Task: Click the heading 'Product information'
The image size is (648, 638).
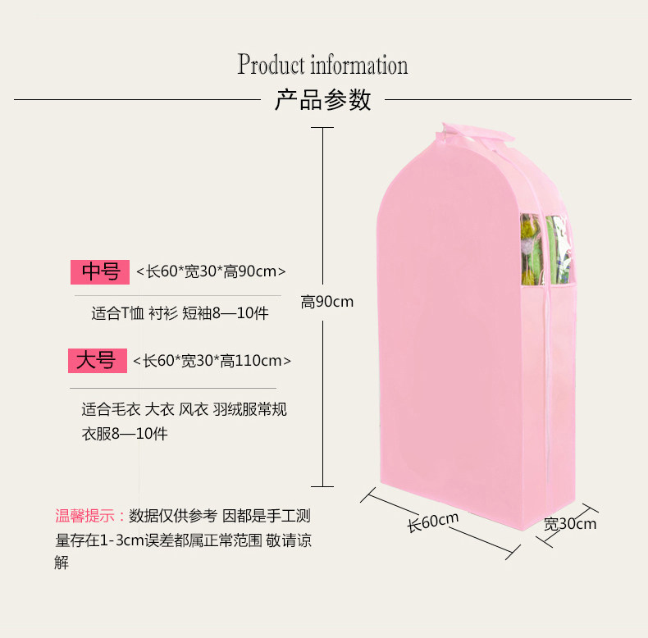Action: pos(322,65)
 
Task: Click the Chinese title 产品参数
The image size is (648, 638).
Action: pos(322,100)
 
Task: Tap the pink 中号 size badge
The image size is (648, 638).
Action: pos(101,271)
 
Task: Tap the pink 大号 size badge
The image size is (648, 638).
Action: pos(97,360)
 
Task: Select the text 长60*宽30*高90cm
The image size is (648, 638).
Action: pos(211,271)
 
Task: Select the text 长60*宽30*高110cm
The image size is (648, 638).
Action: pos(212,360)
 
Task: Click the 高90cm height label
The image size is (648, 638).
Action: pos(326,302)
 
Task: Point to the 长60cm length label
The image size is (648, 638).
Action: pos(433,522)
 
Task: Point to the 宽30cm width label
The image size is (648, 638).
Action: pos(570,523)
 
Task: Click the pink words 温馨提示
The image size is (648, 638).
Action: pos(85,516)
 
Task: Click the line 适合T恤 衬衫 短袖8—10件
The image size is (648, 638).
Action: pos(180,314)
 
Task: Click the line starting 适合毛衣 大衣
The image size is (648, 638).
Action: pos(184,410)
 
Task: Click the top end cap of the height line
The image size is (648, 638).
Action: pos(322,128)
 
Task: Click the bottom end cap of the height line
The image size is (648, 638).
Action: pos(322,486)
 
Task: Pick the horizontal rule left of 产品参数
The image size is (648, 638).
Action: pos(136,100)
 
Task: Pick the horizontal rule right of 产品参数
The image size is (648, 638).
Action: pos(508,100)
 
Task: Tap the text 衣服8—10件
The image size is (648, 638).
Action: pos(124,434)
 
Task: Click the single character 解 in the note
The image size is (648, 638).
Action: pos(62,563)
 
